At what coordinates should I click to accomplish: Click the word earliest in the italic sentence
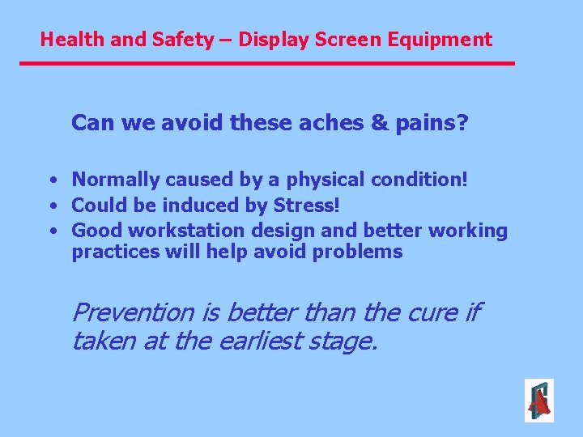(x=262, y=341)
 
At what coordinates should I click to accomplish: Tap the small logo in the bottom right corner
(x=538, y=400)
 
